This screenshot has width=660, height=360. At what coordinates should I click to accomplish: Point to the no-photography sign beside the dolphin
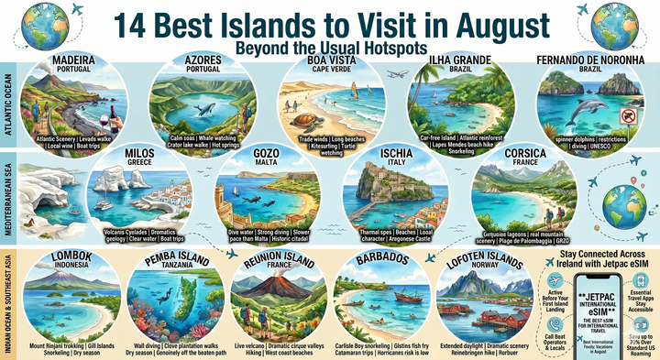tap(629, 116)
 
